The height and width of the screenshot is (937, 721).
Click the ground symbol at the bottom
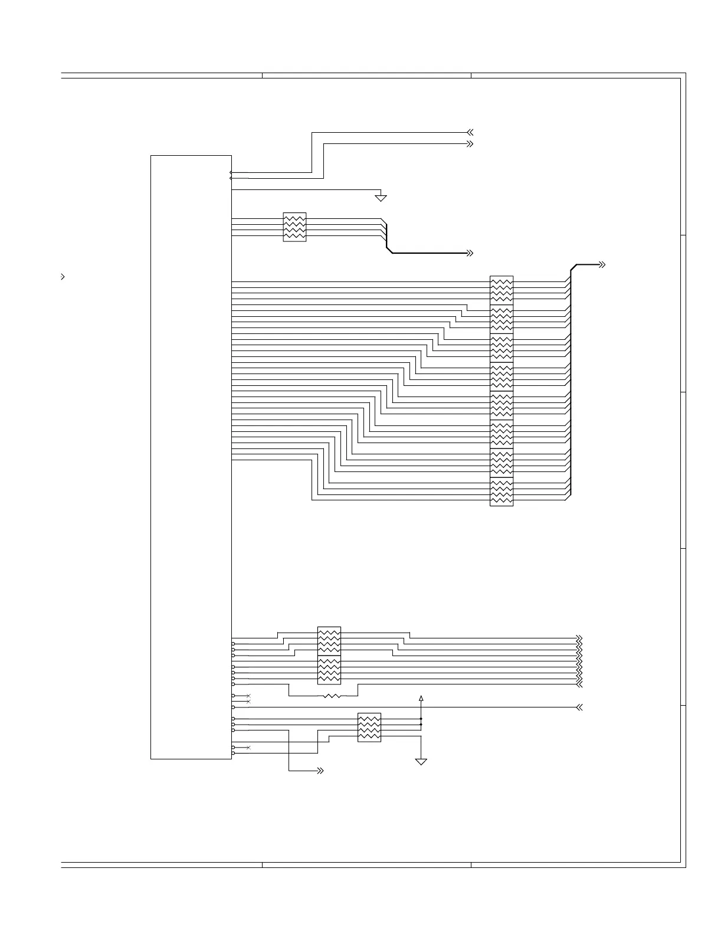(x=421, y=761)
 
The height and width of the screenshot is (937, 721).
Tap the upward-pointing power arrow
(x=421, y=699)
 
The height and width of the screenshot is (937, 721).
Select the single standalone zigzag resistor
(x=332, y=696)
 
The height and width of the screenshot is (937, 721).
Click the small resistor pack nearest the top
(x=294, y=227)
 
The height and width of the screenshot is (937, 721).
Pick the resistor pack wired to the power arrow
(x=369, y=728)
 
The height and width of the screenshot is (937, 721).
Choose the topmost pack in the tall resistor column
(x=502, y=290)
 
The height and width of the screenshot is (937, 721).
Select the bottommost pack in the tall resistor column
(x=502, y=492)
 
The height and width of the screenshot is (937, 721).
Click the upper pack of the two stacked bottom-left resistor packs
(x=329, y=641)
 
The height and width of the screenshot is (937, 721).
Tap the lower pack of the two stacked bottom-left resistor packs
(x=329, y=670)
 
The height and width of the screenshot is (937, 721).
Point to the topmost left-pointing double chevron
(x=470, y=133)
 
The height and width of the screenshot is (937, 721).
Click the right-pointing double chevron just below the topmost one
(x=470, y=144)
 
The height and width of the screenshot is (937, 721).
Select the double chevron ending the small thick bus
(x=470, y=253)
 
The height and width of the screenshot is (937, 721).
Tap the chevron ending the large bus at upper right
(x=602, y=265)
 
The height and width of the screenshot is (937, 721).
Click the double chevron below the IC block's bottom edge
(x=320, y=771)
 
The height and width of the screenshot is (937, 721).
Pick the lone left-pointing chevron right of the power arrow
(x=579, y=707)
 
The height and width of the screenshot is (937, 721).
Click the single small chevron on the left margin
(x=63, y=276)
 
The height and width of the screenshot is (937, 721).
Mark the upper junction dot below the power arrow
(x=421, y=719)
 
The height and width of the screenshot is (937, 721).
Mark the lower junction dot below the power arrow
(x=421, y=725)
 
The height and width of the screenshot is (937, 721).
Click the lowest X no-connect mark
(x=248, y=748)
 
